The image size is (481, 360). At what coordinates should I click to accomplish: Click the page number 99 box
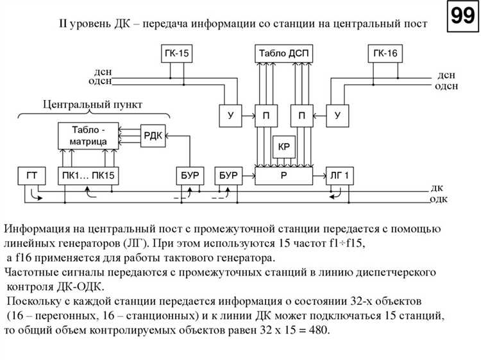(x=462, y=17)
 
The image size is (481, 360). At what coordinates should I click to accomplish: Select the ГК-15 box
(x=176, y=54)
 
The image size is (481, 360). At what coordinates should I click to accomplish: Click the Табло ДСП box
(x=283, y=54)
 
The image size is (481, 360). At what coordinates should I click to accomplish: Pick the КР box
(x=283, y=147)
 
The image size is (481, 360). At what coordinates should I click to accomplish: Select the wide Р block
(x=283, y=175)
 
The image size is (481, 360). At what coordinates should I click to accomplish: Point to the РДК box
(x=153, y=135)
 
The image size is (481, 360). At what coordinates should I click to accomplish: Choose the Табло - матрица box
(x=89, y=135)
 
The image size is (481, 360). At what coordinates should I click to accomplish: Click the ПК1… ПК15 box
(x=89, y=175)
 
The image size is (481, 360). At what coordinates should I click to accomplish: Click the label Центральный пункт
(x=92, y=103)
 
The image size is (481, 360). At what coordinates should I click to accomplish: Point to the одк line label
(x=438, y=199)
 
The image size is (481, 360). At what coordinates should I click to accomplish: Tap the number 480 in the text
(x=316, y=330)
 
